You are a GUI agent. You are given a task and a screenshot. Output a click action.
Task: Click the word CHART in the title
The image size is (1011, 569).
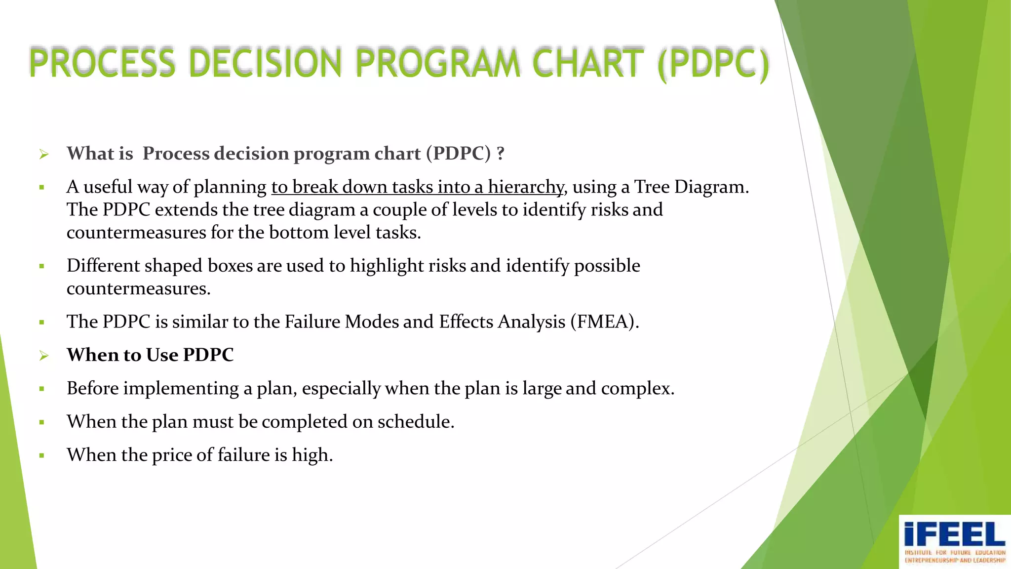coord(587,63)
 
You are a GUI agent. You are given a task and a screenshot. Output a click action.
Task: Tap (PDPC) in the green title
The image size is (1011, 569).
coord(713,64)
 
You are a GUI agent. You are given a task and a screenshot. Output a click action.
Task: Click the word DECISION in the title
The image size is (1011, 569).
coord(265,63)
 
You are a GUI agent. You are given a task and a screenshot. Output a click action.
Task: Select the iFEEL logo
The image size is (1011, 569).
coord(954,541)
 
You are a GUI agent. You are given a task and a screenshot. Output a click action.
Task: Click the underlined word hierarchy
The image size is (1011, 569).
coord(525,187)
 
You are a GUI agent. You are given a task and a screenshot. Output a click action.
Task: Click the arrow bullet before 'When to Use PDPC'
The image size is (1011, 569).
coord(44,356)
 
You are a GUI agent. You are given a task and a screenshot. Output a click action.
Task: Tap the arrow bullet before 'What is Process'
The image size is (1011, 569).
coord(44,155)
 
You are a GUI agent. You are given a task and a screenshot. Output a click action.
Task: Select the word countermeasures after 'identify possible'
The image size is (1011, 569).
coord(138,289)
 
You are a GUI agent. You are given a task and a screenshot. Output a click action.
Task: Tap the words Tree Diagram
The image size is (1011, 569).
coord(691,187)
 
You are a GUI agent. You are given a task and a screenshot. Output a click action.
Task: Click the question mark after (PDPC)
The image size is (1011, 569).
coord(501,154)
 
